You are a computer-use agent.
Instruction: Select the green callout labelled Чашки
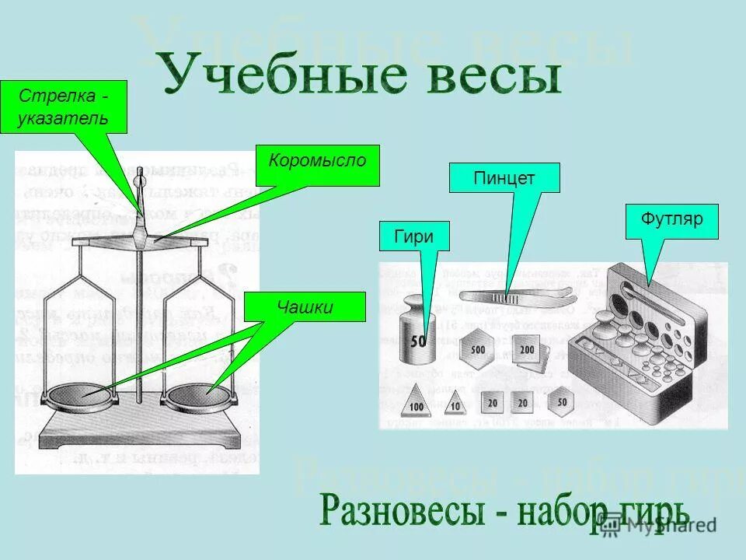(305, 307)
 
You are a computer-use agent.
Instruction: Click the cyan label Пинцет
(504, 178)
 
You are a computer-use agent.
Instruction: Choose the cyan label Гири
(415, 236)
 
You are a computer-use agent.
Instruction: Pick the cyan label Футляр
(672, 220)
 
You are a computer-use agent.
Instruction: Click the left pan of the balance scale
(82, 394)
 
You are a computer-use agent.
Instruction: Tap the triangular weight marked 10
(455, 404)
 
